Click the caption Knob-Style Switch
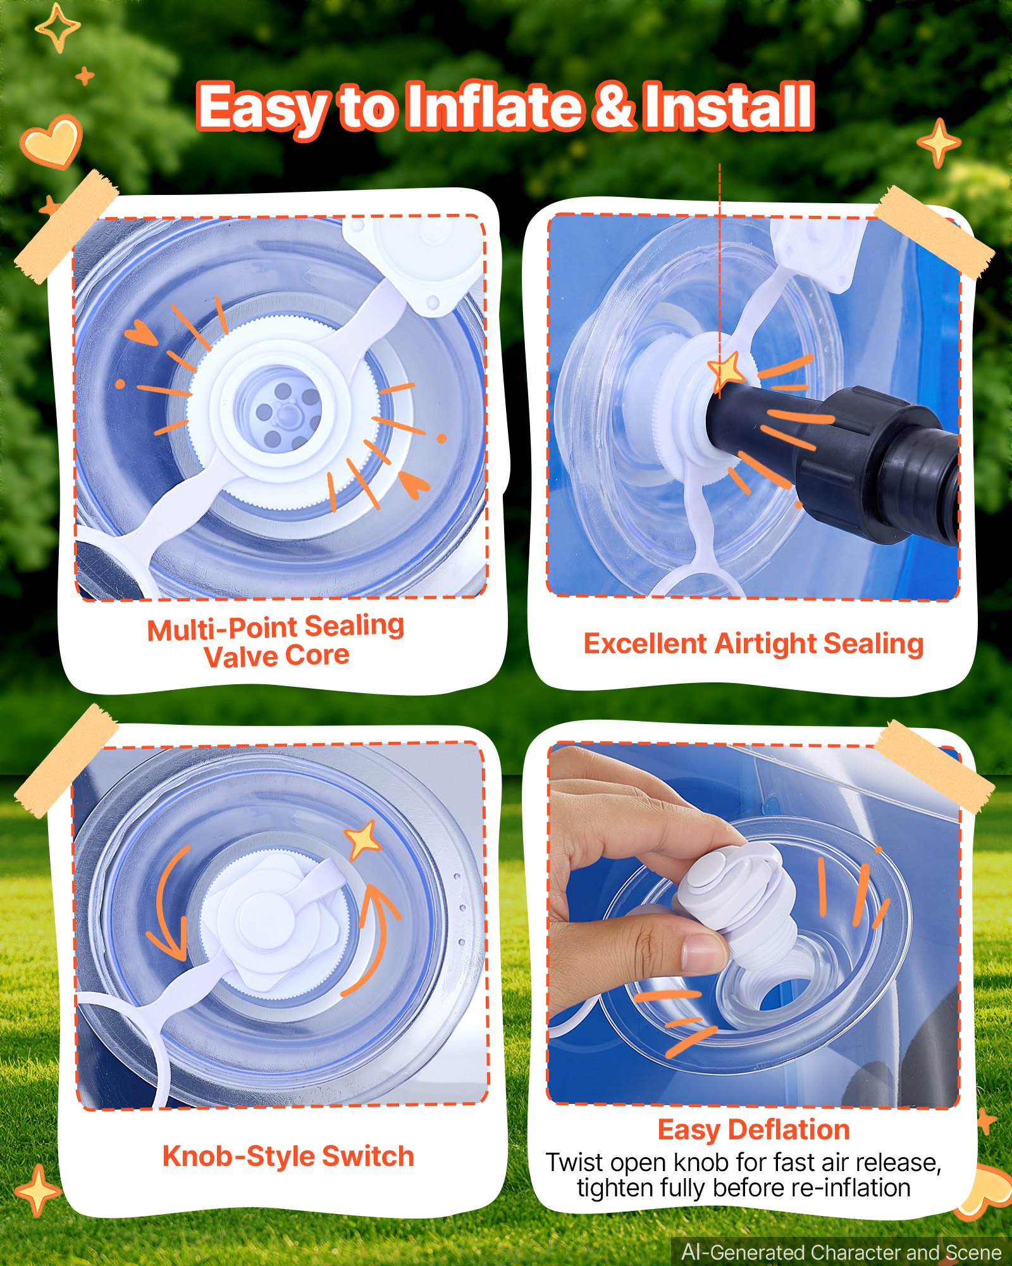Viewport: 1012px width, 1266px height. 288,1156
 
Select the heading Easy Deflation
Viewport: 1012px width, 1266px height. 753,1129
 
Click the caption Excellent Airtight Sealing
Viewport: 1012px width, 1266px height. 753,644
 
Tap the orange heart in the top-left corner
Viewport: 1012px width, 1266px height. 51,142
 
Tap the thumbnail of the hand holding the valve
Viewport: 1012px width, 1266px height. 754,924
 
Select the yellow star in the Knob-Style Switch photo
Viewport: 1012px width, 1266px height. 363,839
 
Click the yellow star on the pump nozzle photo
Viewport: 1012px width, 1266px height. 726,371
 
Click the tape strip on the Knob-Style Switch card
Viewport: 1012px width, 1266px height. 66,760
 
